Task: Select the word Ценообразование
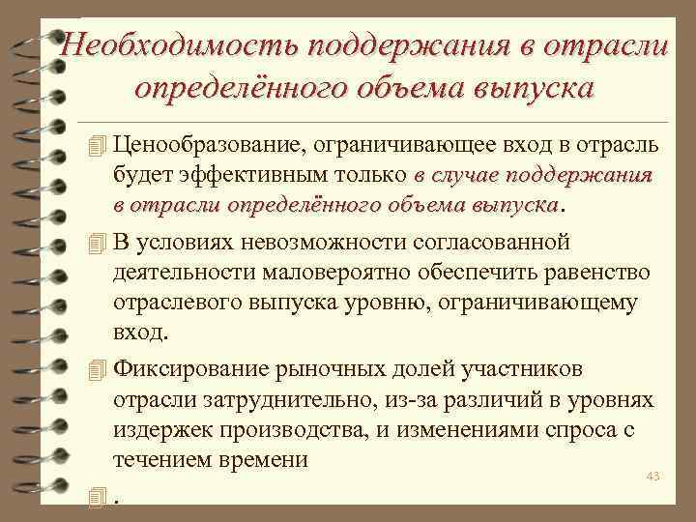(x=206, y=146)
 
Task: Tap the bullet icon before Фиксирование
(x=94, y=370)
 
